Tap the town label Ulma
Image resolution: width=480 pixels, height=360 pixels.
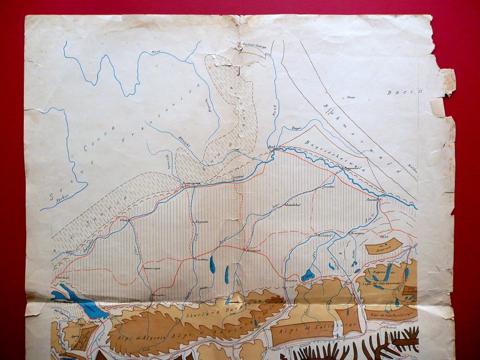click(124, 221)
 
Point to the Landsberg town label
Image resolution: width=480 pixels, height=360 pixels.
click(202, 259)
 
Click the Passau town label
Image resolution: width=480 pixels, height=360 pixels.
click(373, 199)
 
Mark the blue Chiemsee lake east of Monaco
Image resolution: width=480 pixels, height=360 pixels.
click(307, 275)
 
